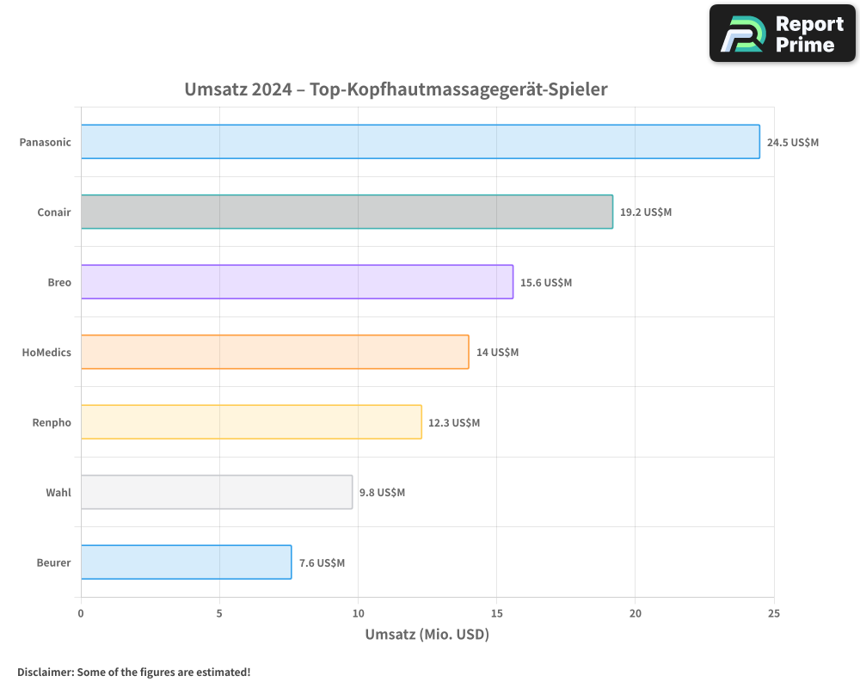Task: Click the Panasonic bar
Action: tap(421, 142)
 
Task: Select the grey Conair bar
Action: tap(347, 212)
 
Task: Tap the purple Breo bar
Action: tap(297, 282)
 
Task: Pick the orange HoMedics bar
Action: tap(275, 352)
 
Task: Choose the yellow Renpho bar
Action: tap(251, 421)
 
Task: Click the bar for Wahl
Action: tap(217, 492)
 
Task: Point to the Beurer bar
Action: tap(186, 562)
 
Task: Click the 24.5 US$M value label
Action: tap(793, 143)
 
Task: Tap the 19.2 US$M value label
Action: tap(646, 212)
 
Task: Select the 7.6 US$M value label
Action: tap(322, 563)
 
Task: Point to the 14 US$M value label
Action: tap(497, 353)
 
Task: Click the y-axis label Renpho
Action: tap(53, 422)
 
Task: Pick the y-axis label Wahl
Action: tap(58, 493)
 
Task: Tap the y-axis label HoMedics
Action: tap(46, 353)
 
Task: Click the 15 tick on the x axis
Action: tap(496, 613)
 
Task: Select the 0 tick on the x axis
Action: tap(81, 613)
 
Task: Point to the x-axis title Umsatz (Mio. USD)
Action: tap(427, 635)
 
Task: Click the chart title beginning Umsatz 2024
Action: tap(396, 89)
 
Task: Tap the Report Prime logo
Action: tap(783, 34)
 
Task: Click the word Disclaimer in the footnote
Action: tap(44, 673)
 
